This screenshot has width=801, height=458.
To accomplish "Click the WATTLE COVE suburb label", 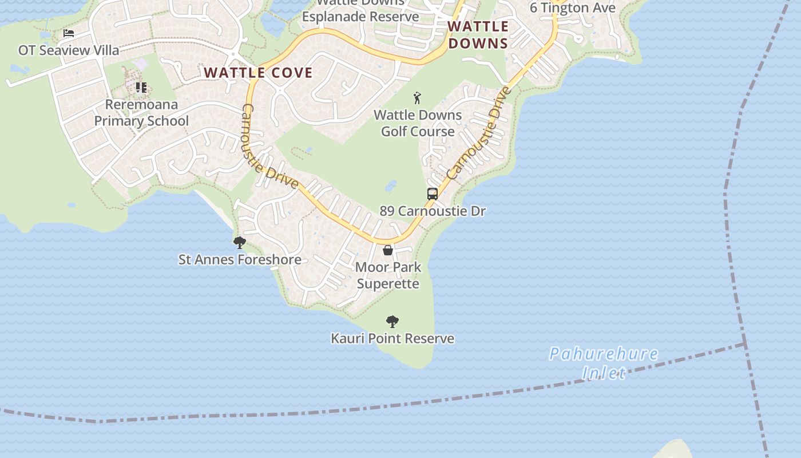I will [x=258, y=73].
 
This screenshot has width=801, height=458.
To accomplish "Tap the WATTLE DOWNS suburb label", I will [x=478, y=35].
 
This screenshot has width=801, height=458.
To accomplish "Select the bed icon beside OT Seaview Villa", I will [x=69, y=33].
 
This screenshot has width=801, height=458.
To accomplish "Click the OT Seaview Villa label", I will [x=69, y=50].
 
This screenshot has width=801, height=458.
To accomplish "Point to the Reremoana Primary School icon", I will [x=141, y=88].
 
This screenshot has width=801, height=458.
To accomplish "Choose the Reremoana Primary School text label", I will [x=141, y=113].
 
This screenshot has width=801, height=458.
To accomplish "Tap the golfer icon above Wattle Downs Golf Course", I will [x=418, y=97].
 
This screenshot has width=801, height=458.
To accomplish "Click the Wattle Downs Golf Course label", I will [x=418, y=123].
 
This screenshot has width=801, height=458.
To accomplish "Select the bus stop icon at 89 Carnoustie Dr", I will [x=433, y=194].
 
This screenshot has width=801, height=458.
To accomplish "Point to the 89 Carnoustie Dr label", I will [x=433, y=211].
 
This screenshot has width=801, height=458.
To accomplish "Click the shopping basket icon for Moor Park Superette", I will [x=388, y=250].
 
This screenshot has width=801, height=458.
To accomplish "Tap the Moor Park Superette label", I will [x=388, y=275].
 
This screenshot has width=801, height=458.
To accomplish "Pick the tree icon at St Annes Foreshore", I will [x=240, y=243].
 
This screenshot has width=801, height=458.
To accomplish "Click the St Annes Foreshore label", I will [x=240, y=259].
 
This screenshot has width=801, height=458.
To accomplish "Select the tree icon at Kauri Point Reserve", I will [x=392, y=322].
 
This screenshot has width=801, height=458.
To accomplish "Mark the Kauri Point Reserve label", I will [x=392, y=338].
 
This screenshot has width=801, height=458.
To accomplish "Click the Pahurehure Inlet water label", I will [x=604, y=363].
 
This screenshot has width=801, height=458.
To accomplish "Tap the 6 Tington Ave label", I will [x=572, y=7].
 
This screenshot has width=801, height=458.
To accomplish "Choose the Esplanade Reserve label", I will [x=360, y=16].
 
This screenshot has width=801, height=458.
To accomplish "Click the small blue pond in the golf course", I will [x=391, y=186].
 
